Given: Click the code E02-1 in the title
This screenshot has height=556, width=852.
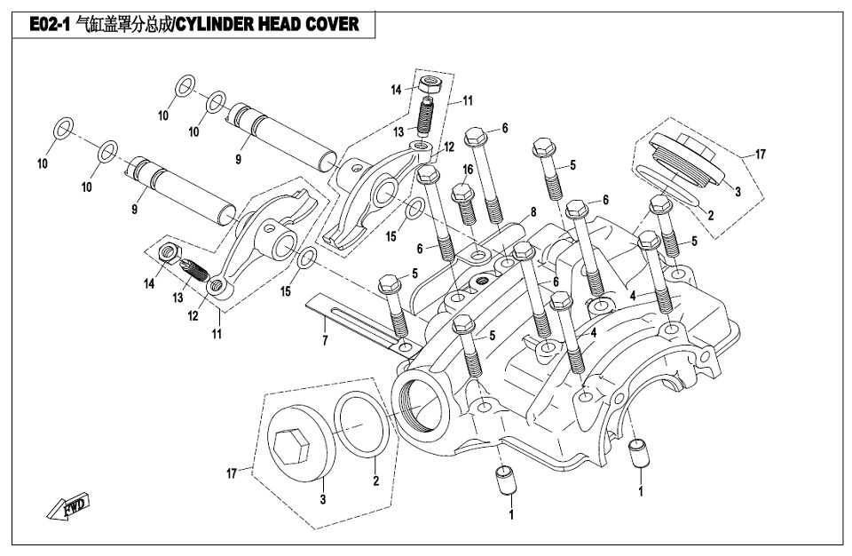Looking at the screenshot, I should pos(51,25).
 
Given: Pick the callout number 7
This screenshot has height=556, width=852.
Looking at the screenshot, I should pos(325,340).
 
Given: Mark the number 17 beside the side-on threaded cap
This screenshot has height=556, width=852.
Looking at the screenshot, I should pos(760,154).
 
